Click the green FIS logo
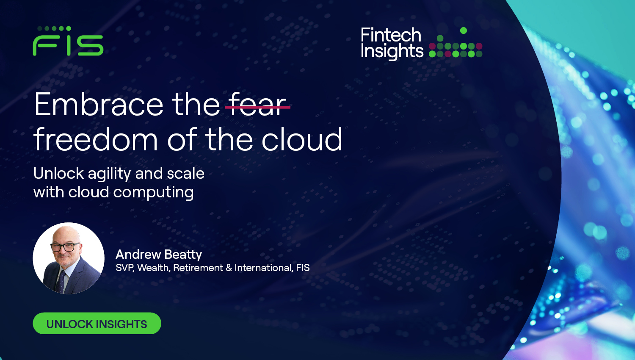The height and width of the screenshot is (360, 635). click(68, 41)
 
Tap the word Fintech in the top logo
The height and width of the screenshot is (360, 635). click(391, 35)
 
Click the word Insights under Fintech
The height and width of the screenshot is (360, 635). click(392, 51)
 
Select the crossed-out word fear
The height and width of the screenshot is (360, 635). click(257, 104)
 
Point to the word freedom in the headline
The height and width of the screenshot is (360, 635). click(96, 139)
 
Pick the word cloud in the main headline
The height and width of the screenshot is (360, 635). click(302, 139)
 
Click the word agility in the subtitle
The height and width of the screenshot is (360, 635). click(109, 174)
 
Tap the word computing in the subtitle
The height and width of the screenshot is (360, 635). click(153, 193)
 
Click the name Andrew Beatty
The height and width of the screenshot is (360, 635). click(159, 254)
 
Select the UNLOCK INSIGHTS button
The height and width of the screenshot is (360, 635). click(97, 324)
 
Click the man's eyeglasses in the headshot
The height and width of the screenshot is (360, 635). click(65, 247)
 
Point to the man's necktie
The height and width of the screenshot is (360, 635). click(61, 282)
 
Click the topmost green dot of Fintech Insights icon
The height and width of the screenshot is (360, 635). click(464, 30)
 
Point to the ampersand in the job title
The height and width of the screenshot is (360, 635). click(229, 268)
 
